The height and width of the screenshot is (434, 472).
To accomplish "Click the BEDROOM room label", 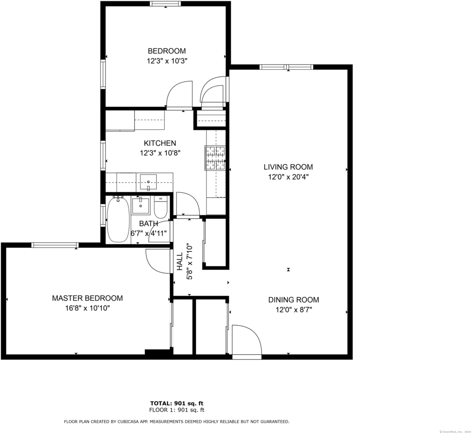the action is click(x=167, y=51).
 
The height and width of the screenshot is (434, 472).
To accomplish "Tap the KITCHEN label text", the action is click(x=160, y=143).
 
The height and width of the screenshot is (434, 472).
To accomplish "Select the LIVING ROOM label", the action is click(x=289, y=167).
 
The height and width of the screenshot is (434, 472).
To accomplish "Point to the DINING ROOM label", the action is click(x=294, y=300).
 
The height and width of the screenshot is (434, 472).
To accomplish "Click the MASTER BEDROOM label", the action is click(x=88, y=298).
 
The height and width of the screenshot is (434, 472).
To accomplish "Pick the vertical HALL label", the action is click(x=180, y=262).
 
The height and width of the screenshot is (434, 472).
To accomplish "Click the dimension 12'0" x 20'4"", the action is click(x=289, y=177).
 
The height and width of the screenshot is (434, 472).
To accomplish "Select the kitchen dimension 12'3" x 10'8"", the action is click(x=160, y=153).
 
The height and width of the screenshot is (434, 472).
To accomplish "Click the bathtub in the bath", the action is click(x=118, y=219).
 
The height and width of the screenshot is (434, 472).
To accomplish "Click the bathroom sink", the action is click(x=141, y=206).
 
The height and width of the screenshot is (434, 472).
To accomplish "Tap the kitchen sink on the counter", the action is click(x=148, y=182).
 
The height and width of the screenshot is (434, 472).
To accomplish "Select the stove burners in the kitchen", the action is click(x=215, y=158).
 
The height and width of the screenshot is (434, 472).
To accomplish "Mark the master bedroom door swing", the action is click(x=158, y=261).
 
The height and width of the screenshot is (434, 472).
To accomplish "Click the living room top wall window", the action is click(x=286, y=67).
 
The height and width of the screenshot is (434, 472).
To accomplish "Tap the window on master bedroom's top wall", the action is click(x=55, y=245).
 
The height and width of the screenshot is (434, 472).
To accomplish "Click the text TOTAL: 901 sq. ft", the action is click(x=177, y=403).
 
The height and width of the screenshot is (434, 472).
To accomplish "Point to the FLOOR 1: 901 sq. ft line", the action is click(x=177, y=410).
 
